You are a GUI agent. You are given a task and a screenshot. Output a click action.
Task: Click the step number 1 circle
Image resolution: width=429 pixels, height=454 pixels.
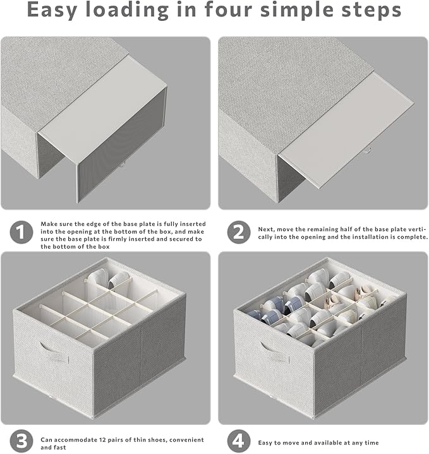pyautogui.click(x=21, y=232)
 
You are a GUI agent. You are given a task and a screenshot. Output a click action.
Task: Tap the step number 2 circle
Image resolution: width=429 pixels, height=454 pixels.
pyautogui.click(x=239, y=232)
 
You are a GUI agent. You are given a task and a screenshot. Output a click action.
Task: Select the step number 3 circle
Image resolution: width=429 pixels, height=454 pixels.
pyautogui.click(x=21, y=441)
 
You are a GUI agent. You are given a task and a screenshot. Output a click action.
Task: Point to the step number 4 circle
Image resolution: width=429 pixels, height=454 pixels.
pyautogui.click(x=239, y=441)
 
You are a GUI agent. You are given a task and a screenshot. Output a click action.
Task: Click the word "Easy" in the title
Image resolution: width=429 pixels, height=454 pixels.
pyautogui.click(x=52, y=10)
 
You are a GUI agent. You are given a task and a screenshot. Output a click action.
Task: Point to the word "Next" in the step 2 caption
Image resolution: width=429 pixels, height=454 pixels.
pyautogui.click(x=266, y=229)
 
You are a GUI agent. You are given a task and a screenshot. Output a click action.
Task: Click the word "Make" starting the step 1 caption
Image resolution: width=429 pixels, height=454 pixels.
pyautogui.click(x=47, y=224)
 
